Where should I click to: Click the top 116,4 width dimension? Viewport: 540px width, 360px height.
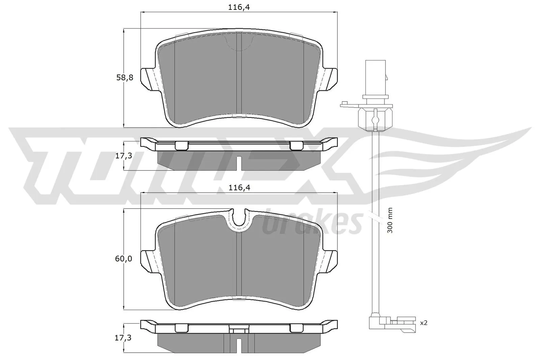point(239,7)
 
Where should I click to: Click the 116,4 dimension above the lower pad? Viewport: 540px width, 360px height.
point(239,188)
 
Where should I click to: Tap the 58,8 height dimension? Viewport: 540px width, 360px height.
point(125,78)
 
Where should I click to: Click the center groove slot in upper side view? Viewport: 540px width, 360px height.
point(239,163)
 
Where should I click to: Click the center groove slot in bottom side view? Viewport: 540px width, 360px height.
point(239,345)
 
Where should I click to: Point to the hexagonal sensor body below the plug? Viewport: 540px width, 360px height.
point(375,118)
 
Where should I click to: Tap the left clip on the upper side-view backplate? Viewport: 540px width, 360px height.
point(182,145)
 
